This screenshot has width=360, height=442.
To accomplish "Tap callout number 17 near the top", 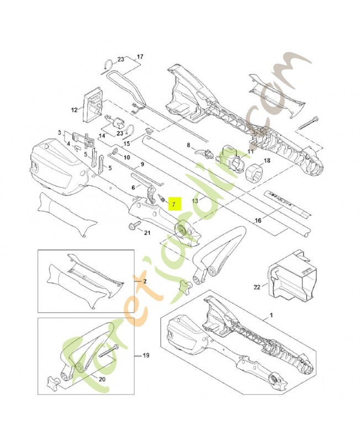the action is pos(140,57).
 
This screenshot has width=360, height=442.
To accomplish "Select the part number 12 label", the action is pos(75,110).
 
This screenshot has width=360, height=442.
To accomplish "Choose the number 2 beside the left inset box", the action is pos(145,281).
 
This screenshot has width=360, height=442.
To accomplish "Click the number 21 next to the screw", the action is pos(147,233).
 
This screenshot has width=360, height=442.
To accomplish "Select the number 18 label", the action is pos(267,161).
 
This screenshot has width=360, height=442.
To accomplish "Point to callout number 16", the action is pos(257,221).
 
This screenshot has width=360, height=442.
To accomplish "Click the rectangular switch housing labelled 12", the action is pos(93,103).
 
